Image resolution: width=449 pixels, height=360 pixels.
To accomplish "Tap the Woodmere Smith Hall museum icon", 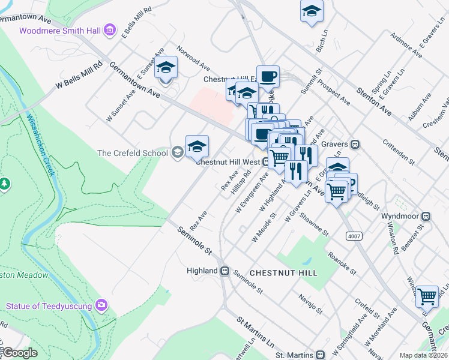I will point(109,29).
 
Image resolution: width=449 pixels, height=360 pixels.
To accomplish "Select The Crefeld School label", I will point(133,153).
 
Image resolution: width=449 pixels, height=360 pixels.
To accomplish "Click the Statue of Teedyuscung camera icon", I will point(102,305).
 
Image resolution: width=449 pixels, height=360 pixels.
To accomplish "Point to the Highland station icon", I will point(225,271).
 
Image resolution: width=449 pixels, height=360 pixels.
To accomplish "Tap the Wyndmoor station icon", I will point(426,216).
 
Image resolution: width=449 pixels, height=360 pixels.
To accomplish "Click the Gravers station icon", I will point(355,144).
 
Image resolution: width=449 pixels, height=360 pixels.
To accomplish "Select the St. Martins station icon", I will point(321,355).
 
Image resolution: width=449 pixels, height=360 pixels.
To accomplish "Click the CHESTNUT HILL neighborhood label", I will point(283,272).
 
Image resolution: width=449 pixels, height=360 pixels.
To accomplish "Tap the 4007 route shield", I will point(353,236).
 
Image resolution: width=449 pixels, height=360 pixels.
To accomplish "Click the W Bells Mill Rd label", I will point(79,76).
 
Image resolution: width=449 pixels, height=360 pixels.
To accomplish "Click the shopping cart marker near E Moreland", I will point(427,296).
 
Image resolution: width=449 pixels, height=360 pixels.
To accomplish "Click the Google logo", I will point(20,353).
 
